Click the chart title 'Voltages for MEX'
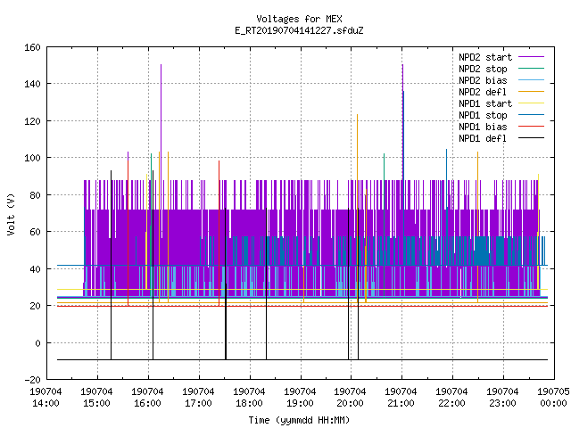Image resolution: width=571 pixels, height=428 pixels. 299,19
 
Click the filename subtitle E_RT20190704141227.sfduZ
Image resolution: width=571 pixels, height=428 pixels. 299,30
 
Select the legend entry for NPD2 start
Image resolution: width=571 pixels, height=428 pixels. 485,57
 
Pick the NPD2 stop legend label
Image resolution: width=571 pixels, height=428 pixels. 483,69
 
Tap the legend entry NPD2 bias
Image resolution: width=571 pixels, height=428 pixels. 483,80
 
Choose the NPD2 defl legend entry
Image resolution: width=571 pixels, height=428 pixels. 483,92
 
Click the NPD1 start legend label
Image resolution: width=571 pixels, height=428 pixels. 485,103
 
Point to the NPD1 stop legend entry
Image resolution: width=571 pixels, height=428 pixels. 483,115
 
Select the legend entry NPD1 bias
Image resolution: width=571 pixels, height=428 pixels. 483,127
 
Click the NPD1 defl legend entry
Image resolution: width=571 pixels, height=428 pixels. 483,139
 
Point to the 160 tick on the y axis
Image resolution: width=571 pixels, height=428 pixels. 32,47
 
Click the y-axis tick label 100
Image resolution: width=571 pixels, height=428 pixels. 32,158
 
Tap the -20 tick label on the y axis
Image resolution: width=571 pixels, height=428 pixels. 32,380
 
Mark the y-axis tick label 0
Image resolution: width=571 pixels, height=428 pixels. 37,342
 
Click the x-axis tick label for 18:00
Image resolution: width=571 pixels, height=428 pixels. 249,398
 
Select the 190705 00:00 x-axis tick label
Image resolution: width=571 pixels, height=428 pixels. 553,398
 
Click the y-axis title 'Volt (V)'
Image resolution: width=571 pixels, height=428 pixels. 11,214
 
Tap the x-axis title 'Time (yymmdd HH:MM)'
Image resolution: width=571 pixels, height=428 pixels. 299,420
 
